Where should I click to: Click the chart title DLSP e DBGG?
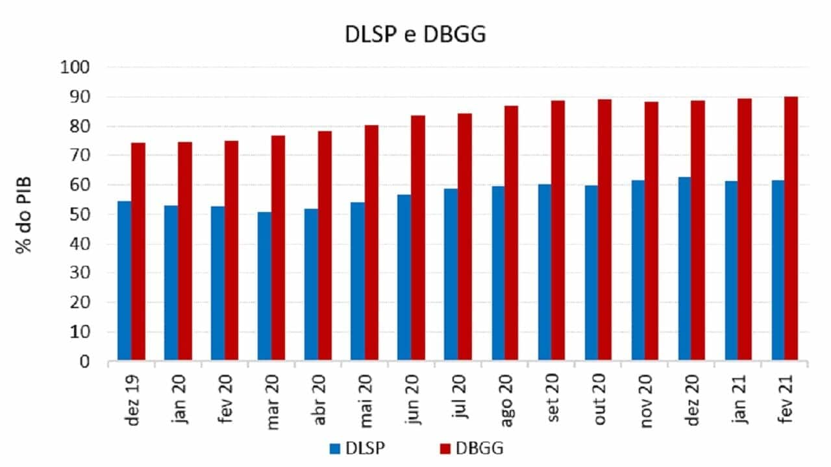(x=415, y=35)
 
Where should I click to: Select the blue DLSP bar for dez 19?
(x=124, y=280)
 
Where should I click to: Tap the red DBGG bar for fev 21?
(x=791, y=228)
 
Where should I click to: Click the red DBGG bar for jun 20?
(x=419, y=237)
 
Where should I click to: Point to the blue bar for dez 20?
(x=685, y=269)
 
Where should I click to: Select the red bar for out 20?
(x=604, y=230)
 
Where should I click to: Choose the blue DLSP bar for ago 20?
(x=498, y=273)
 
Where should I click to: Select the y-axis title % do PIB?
(x=25, y=214)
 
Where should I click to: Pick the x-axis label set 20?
(x=555, y=403)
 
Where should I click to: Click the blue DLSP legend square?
(x=335, y=448)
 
